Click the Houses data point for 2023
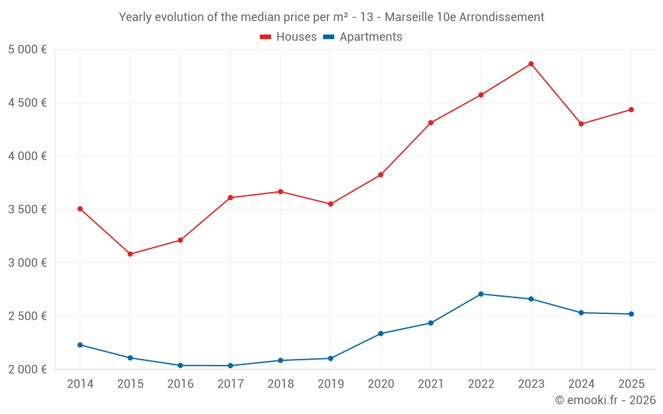pyautogui.click(x=531, y=64)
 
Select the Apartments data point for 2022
pyautogui.click(x=481, y=294)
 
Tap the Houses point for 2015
pyautogui.click(x=130, y=254)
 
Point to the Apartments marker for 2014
pyautogui.click(x=80, y=345)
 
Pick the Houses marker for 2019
pyautogui.click(x=330, y=204)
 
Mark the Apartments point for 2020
pyautogui.click(x=381, y=333)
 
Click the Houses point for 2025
pyautogui.click(x=631, y=110)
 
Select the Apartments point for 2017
pyautogui.click(x=230, y=366)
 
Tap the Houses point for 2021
pyautogui.click(x=431, y=123)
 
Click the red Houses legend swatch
pyautogui.click(x=265, y=37)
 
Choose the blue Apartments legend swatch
pyautogui.click(x=328, y=37)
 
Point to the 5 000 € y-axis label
pyautogui.click(x=27, y=50)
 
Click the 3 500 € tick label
pyautogui.click(x=27, y=209)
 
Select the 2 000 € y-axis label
pyautogui.click(x=27, y=369)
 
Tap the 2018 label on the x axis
pyautogui.click(x=280, y=384)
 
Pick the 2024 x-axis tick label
pyautogui.click(x=581, y=384)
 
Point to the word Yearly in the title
pyautogui.click(x=136, y=17)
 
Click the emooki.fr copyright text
pyautogui.click(x=605, y=400)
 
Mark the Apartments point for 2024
pyautogui.click(x=581, y=313)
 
